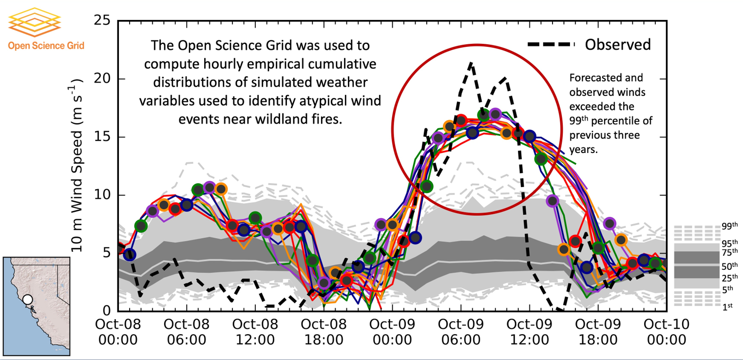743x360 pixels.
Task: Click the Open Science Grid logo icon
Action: point(34,20)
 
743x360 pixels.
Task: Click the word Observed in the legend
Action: point(617,45)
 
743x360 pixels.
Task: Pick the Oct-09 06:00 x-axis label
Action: point(461,332)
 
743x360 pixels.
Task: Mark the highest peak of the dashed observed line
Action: point(470,63)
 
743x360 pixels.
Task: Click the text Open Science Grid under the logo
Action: point(46,46)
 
